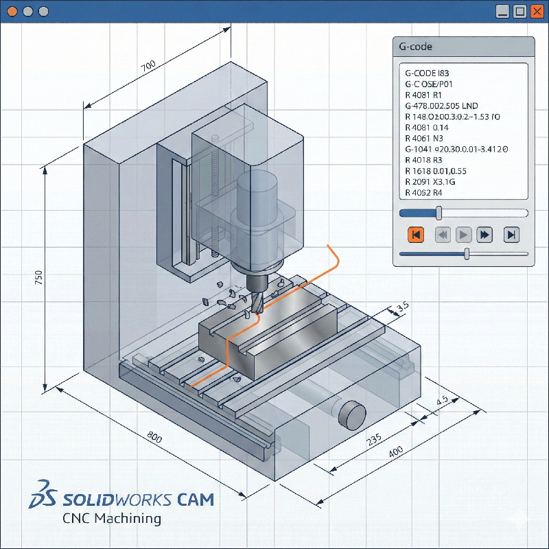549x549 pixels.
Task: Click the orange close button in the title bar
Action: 537,12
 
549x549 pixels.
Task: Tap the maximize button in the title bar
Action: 520,12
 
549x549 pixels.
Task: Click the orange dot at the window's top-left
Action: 12,12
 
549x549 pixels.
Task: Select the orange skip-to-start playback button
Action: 416,235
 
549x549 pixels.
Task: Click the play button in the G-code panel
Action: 463,235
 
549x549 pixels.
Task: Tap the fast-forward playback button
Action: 484,235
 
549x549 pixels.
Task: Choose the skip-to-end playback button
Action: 511,235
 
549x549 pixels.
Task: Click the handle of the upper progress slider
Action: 439,213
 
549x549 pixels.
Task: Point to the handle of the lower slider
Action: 467,254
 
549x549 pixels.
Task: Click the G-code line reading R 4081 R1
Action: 423,95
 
